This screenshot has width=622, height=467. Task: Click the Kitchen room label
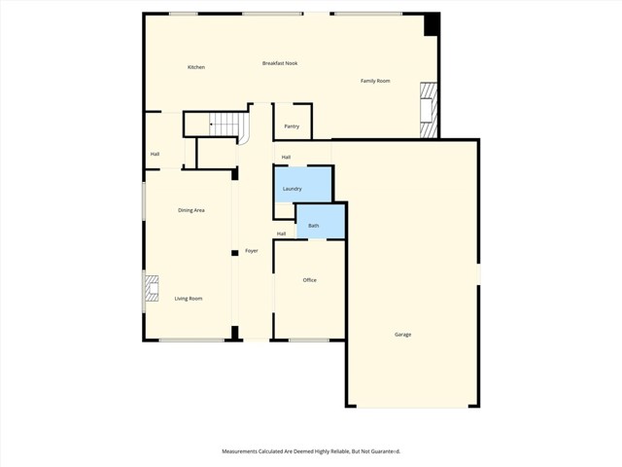point(196,67)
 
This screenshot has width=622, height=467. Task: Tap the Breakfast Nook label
point(280,63)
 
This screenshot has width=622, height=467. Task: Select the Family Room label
point(375,81)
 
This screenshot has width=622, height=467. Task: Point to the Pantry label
point(292,126)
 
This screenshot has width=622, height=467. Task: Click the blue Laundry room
point(303,185)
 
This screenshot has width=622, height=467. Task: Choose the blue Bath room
point(321,222)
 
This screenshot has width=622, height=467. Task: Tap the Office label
point(309,280)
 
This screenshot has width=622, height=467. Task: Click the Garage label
point(402,335)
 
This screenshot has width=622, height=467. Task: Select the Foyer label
point(252,251)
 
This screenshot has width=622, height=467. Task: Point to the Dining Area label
point(191,210)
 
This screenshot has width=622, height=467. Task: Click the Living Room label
point(189,299)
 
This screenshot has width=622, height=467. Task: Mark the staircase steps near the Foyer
point(224,124)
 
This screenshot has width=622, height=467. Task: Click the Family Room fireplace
point(429,110)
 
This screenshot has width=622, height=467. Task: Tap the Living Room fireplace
point(152,288)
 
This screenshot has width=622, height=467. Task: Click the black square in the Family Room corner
point(432,24)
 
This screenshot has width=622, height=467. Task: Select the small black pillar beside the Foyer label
point(235,253)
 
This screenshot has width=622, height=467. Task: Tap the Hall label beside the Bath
point(281,233)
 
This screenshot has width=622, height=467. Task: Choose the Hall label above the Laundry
point(286,158)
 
